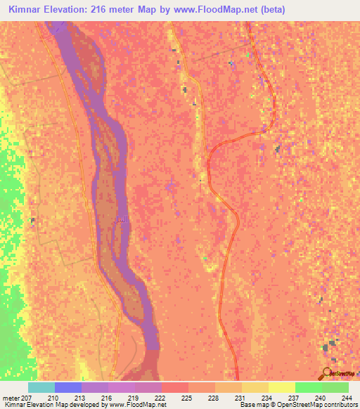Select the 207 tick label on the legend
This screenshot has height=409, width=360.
point(27,397)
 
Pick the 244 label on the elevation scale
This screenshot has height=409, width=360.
point(346,397)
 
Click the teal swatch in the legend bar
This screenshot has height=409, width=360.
point(41,387)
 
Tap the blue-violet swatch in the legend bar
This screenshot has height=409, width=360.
point(68,387)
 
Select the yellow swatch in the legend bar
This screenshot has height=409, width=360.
point(281,387)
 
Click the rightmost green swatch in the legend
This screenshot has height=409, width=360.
point(335,387)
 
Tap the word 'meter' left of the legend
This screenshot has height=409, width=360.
point(11,397)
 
